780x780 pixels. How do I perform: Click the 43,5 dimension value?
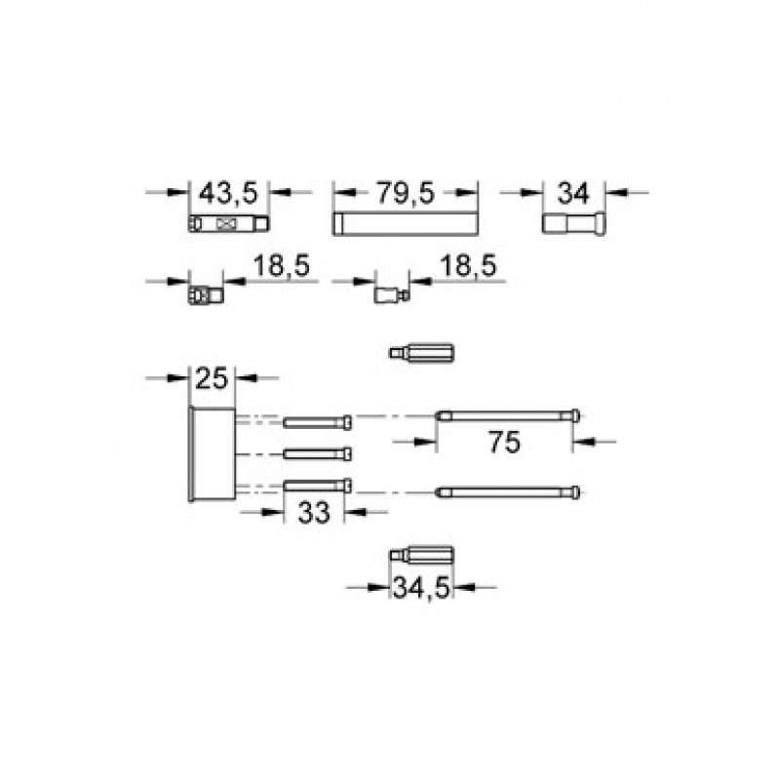(228, 193)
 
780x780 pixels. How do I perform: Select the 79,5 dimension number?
(405, 192)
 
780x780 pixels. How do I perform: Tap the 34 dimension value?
(573, 193)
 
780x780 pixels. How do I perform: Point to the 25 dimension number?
(212, 378)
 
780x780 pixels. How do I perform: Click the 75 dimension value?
(504, 442)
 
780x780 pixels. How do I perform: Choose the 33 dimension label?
(314, 513)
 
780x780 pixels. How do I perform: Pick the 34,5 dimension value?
(421, 588)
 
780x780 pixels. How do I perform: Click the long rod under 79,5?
(406, 223)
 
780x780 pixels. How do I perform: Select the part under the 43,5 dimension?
(229, 224)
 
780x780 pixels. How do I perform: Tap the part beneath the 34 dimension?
(573, 223)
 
